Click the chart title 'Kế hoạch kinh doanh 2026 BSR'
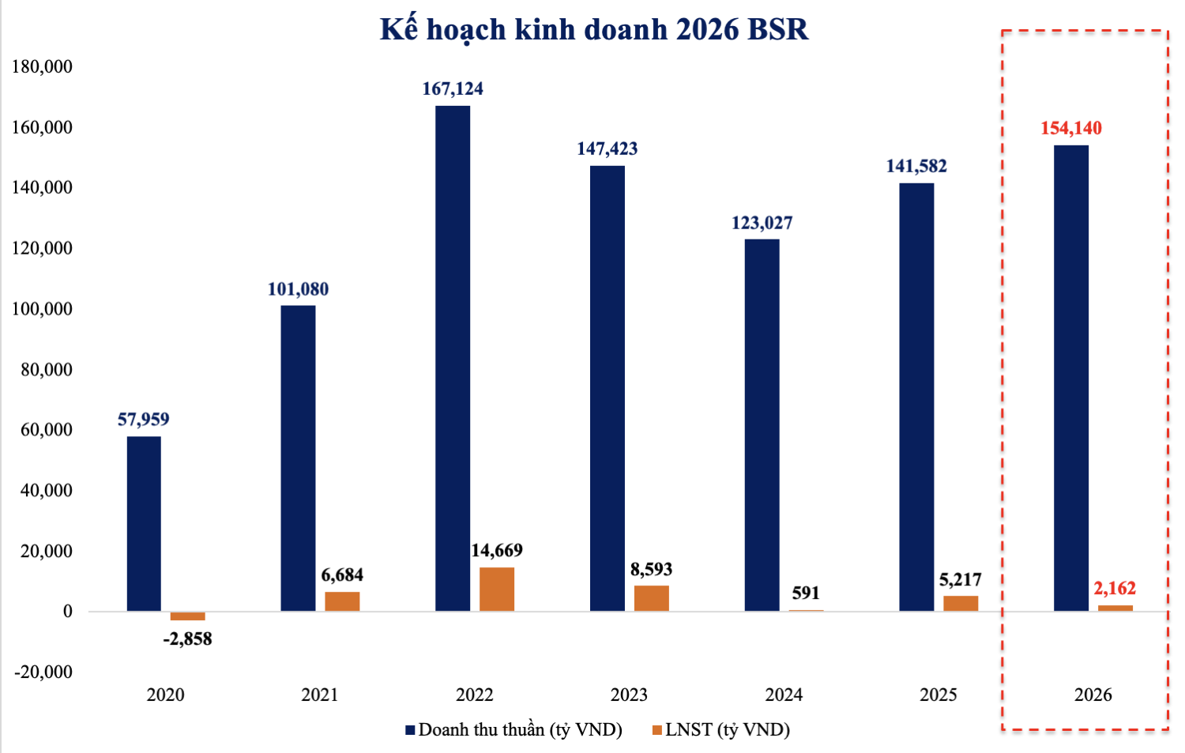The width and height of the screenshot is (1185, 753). [x=594, y=30]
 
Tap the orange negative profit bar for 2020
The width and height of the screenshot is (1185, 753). [x=188, y=616]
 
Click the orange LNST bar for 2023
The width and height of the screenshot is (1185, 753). [x=651, y=598]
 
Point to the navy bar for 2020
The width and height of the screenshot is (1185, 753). [x=144, y=523]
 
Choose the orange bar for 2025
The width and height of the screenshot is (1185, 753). [x=961, y=603]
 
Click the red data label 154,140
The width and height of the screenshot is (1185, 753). [x=1070, y=128]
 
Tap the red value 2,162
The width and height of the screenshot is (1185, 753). [x=1114, y=588]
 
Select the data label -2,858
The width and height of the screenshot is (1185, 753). [x=188, y=638]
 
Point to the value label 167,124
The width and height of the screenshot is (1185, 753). [x=453, y=88]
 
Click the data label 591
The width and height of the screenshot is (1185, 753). [x=806, y=593]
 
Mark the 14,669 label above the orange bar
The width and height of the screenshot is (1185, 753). [x=497, y=550]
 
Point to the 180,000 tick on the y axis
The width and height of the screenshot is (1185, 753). [x=42, y=66]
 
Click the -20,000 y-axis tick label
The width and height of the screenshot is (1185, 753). [x=43, y=672]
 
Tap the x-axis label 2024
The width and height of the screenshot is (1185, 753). [x=784, y=695]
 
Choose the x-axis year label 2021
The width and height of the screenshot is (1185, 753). [x=320, y=695]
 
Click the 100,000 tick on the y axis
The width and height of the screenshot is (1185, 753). [x=42, y=309]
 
